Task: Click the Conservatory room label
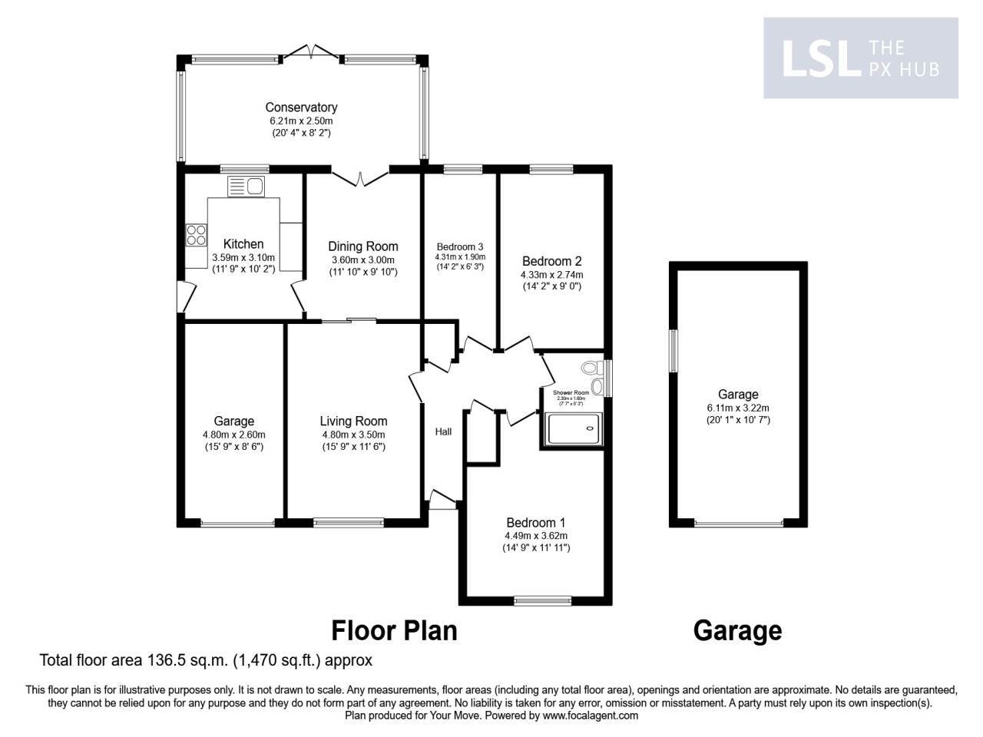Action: pyautogui.click(x=301, y=107)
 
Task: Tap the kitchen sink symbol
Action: pyautogui.click(x=246, y=186)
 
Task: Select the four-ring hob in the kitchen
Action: pyautogui.click(x=196, y=234)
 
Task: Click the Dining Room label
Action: pyautogui.click(x=363, y=246)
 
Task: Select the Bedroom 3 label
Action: pyautogui.click(x=459, y=246)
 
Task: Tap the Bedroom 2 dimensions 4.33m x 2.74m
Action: pyautogui.click(x=551, y=275)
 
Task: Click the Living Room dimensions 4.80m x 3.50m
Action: pyautogui.click(x=353, y=435)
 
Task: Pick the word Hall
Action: pyautogui.click(x=443, y=431)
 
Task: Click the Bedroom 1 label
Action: pyautogui.click(x=535, y=523)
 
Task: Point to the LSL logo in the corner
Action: pyautogui.click(x=819, y=58)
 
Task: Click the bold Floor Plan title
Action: pyautogui.click(x=394, y=630)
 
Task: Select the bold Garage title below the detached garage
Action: pyautogui.click(x=737, y=630)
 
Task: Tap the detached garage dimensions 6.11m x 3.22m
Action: pyautogui.click(x=738, y=408)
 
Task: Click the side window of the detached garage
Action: pyautogui.click(x=673, y=351)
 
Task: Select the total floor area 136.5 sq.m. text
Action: pyautogui.click(x=206, y=659)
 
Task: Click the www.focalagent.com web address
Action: pyautogui.click(x=590, y=716)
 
